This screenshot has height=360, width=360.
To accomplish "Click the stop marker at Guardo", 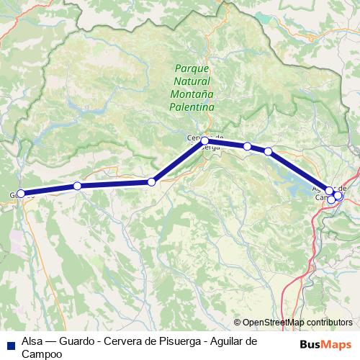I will tap(21, 193).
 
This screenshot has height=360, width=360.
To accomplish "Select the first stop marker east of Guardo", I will tap(77, 186).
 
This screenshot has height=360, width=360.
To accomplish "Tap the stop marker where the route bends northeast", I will tap(151, 182).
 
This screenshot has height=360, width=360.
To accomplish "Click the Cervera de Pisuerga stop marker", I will tap(204, 141).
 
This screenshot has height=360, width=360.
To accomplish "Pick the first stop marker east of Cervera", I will tap(247, 146).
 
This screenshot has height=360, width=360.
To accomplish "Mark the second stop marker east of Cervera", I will tap(268, 151).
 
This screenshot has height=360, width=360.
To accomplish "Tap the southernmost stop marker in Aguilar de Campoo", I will tap(331, 199).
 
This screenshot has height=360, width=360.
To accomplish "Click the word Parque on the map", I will tap(192, 68).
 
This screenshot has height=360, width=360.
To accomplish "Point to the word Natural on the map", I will tap(192, 81).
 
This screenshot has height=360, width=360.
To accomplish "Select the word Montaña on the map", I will tap(192, 94).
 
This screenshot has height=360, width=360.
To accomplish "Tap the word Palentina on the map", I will tap(192, 107).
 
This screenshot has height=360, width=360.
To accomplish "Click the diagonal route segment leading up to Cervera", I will tap(178, 162).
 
